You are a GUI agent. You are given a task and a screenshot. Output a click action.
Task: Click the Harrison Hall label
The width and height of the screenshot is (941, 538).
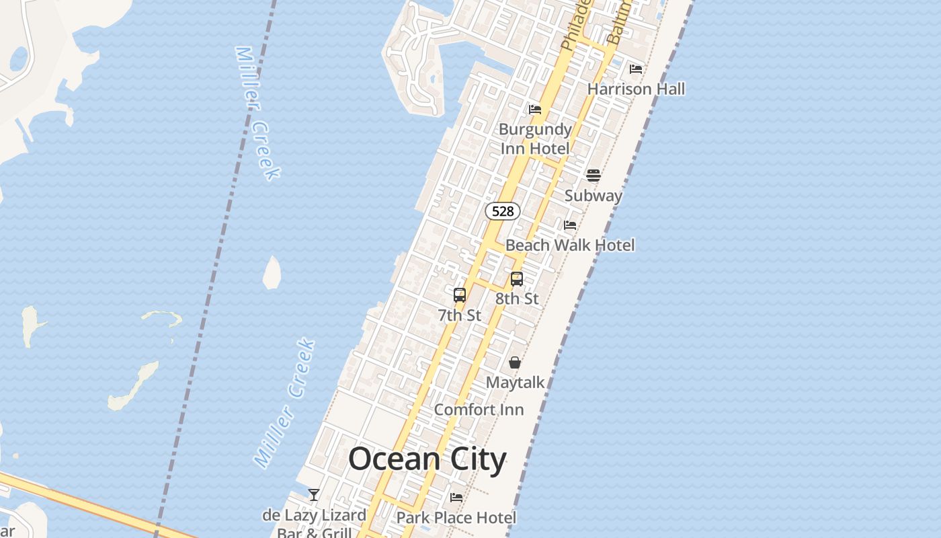coord(636,89)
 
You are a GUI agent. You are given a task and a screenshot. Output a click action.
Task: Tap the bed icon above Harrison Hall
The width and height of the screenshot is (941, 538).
coord(636,69)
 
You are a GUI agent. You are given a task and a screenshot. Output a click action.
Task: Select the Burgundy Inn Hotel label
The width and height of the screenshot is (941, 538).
coord(535,139)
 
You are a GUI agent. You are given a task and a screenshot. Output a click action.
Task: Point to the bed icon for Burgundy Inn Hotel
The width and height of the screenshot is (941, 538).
coord(535,109)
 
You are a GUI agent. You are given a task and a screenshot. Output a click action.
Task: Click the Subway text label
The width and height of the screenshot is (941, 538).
coord(593,196)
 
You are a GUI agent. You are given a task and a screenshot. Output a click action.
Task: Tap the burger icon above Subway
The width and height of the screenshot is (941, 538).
coord(594,176)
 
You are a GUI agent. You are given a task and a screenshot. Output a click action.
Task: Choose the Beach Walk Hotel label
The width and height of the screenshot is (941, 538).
coord(570,245)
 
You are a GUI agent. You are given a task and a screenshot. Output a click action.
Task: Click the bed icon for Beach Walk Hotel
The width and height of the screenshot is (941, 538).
coord(570,225)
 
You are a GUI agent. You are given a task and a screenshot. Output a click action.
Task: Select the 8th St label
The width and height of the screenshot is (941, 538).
coord(517,299)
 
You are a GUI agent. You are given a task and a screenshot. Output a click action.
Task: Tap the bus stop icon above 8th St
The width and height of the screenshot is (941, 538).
coord(517,278)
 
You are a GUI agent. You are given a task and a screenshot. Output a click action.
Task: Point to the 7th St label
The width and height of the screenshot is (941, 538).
coord(460,315)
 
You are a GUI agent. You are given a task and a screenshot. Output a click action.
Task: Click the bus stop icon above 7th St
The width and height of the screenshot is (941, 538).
coord(460,295)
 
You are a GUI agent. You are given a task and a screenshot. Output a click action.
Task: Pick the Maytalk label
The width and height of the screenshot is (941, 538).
coord(515,383)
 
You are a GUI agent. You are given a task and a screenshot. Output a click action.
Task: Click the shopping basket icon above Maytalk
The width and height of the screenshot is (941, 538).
coord(515,362)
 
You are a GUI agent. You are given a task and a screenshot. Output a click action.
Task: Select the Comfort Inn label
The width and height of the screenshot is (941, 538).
coord(479,410)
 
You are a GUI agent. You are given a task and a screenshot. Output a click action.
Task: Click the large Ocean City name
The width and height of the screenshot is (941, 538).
coord(427,459)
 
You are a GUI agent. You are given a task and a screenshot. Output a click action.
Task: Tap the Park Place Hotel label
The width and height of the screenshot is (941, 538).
coord(456,517)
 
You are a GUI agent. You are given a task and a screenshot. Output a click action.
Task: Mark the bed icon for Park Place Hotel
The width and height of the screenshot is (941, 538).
coord(456,498)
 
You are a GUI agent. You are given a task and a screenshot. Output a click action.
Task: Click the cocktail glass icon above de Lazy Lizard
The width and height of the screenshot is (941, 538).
coord(314,495)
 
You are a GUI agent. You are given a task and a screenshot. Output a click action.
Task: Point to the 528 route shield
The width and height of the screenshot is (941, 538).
coord(503,211)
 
